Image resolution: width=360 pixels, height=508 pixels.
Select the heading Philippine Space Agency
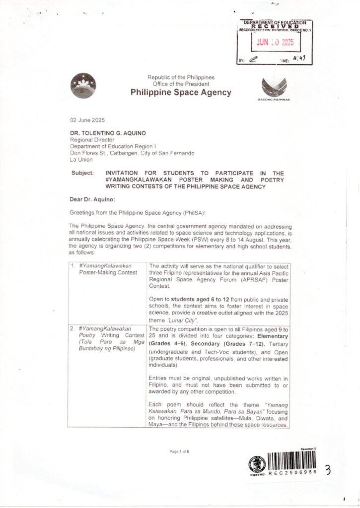click(174, 93)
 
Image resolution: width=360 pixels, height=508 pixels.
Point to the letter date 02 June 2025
click(87, 121)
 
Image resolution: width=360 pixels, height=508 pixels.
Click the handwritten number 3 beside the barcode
click(328, 470)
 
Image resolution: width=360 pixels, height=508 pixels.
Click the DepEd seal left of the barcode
click(257, 464)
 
